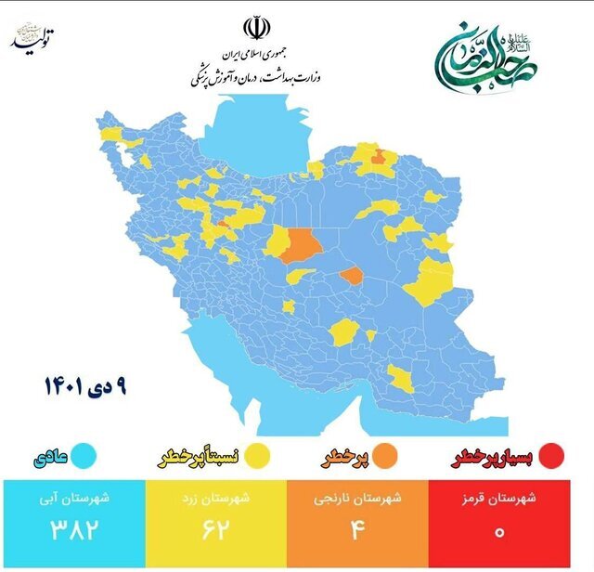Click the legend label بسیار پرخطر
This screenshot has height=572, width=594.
pos(492,457)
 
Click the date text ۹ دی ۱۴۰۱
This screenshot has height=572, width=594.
pos(84,383)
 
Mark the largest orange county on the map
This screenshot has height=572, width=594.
pos(301,246)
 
